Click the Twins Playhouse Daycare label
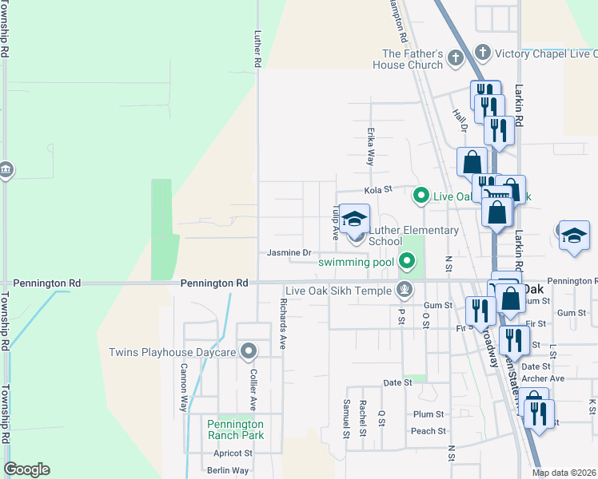click(x=173, y=352)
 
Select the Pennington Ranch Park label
click(x=235, y=430)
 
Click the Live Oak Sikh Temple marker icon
click(x=405, y=291)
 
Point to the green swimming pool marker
click(x=408, y=260)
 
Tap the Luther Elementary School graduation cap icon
click(x=355, y=218)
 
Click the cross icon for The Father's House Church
click(x=455, y=58)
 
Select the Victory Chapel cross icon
click(x=482, y=53)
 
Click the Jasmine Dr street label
click(x=289, y=253)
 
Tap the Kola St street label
click(x=379, y=190)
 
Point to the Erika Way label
click(x=371, y=148)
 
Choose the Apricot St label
click(x=233, y=453)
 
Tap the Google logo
click(x=26, y=469)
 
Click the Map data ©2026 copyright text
click(x=564, y=473)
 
